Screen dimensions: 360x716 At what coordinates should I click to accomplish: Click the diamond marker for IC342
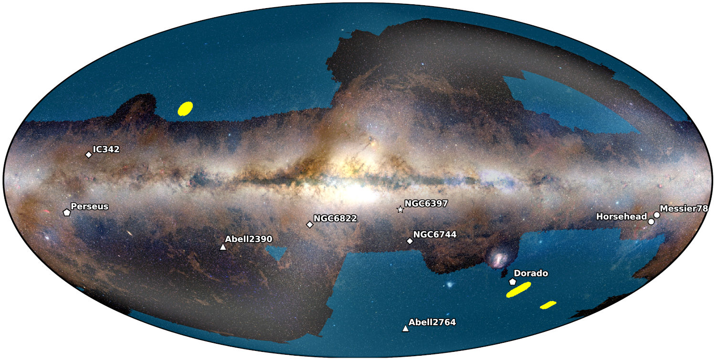[x=88, y=155]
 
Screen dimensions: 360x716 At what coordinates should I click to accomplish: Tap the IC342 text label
[x=106, y=149]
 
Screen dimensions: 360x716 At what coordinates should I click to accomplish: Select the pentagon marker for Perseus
[x=67, y=212]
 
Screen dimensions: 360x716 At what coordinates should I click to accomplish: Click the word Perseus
[x=89, y=207]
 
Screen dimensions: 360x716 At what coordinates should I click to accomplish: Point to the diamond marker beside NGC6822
[x=310, y=224]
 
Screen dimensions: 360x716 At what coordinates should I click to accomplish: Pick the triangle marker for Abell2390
[x=222, y=247]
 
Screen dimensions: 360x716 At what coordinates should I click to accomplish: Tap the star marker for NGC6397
[x=400, y=210]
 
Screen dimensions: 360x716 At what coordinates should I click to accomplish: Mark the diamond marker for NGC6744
[x=410, y=241]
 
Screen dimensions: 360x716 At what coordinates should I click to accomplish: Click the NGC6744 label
[x=435, y=234]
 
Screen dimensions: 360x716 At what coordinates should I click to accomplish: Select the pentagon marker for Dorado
[x=513, y=282]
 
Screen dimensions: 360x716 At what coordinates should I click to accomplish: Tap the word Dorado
[x=530, y=274]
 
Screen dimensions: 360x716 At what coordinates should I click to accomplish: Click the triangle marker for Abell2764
[x=405, y=328]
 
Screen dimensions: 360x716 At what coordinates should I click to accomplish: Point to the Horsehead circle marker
[x=651, y=222]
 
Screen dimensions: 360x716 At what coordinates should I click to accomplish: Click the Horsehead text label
[x=621, y=217]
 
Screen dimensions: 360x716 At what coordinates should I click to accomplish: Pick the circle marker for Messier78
[x=657, y=215]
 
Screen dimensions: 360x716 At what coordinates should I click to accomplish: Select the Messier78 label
[x=684, y=209]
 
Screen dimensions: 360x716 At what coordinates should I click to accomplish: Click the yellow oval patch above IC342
[x=185, y=109]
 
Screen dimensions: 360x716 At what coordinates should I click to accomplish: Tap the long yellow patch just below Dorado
[x=518, y=290]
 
